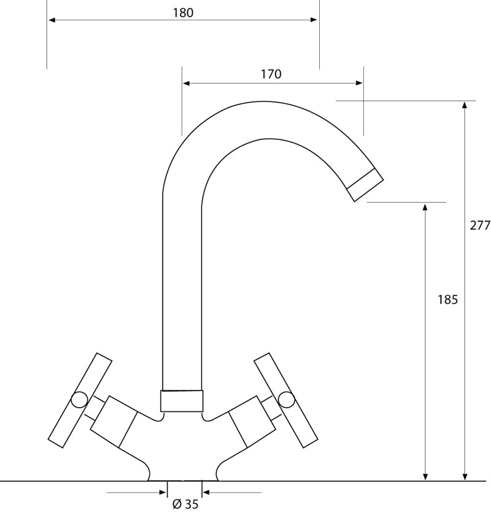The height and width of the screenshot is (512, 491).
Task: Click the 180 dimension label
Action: pyautogui.click(x=183, y=13)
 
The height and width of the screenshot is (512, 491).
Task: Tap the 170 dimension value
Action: pyautogui.click(x=271, y=74)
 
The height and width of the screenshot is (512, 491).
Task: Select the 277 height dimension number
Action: pyautogui.click(x=480, y=225)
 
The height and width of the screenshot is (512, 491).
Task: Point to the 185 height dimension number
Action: pyautogui.click(x=448, y=300)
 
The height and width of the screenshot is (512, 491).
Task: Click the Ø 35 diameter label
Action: pyautogui.click(x=185, y=504)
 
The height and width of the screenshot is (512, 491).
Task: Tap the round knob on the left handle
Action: pyautogui.click(x=79, y=400)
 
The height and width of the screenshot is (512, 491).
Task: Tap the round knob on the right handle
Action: pyautogui.click(x=286, y=400)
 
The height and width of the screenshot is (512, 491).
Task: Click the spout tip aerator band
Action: pyautogui.click(x=365, y=185)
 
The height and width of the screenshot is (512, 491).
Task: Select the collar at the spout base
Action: pyautogui.click(x=182, y=401)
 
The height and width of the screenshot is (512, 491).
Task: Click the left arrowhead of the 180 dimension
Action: pyautogui.click(x=52, y=20)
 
